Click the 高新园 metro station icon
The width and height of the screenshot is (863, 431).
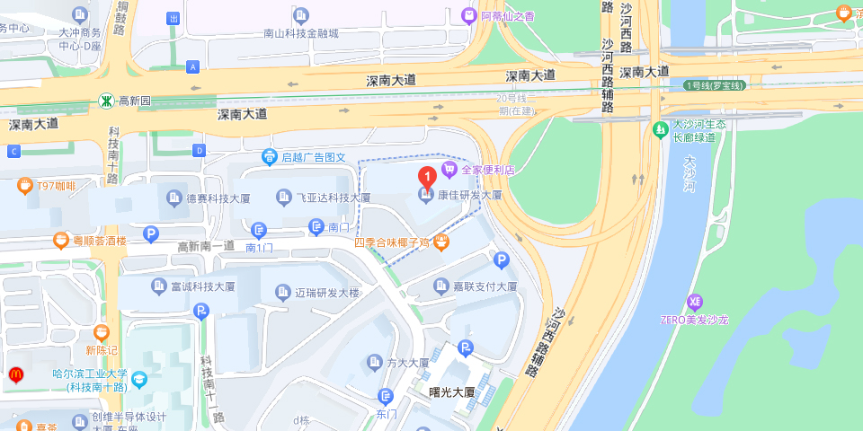[106, 101]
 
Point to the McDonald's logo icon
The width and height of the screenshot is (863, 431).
[15, 374]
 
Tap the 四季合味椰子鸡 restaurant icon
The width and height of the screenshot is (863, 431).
[441, 242]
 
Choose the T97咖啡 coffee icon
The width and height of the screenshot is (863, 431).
[24, 186]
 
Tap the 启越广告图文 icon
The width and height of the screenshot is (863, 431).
[269, 157]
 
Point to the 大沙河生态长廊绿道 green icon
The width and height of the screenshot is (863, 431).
[661, 130]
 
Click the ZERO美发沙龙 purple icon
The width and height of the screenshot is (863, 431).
[694, 301]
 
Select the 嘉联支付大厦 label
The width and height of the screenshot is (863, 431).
[485, 286]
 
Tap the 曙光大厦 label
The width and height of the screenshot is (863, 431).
[451, 392]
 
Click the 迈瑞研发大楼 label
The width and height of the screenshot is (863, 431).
[327, 294]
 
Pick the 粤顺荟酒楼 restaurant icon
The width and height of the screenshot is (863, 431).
[61, 240]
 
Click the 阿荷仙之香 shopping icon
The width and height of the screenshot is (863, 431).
[468, 15]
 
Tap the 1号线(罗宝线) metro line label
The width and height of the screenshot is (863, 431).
[716, 85]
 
